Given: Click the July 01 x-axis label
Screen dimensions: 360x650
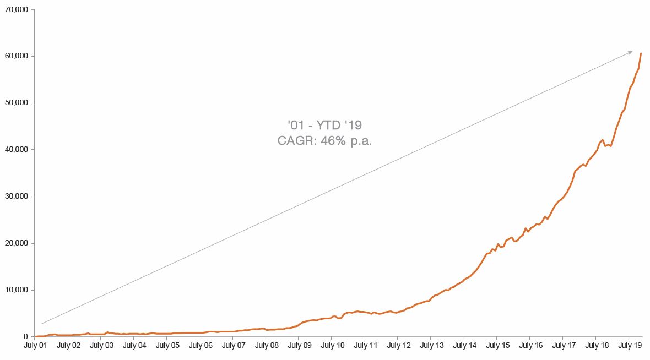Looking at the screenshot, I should pos(35,346).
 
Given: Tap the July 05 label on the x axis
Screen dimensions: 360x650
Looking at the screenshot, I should pos(167,346).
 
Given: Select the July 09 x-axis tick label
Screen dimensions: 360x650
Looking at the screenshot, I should pos(300,346).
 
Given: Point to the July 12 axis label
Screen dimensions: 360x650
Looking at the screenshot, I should pos(399,346).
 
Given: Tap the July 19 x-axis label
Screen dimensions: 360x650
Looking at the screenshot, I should pos(629,346).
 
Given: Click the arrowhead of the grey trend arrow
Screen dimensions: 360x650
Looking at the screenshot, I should pos(631,52).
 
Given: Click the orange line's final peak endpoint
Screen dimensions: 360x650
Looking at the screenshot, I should pos(641,53).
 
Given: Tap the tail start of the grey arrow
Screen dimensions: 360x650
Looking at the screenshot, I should pos(41,324).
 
